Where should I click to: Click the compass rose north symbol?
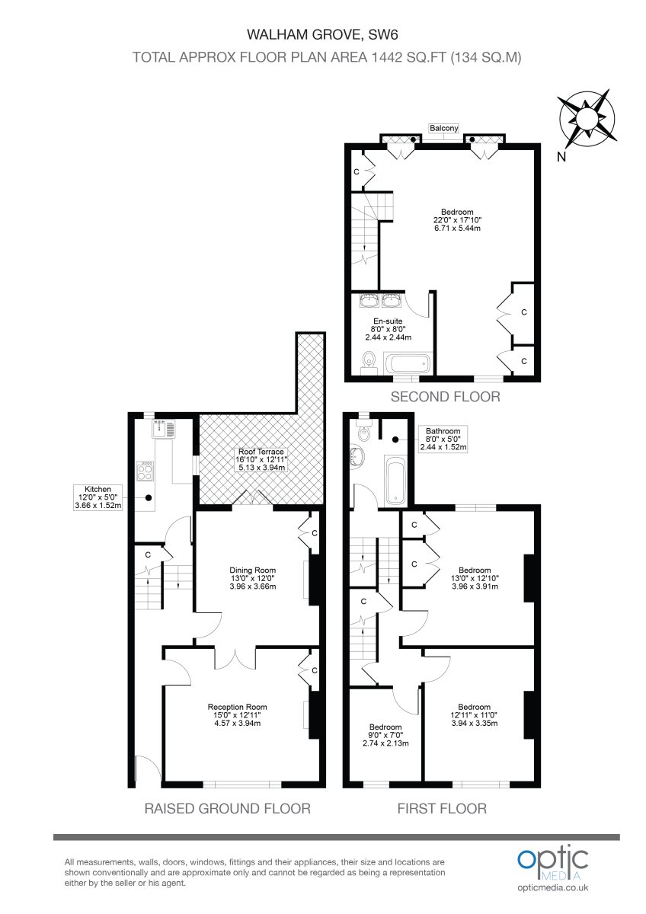[x=588, y=119]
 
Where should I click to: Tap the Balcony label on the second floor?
[x=443, y=129]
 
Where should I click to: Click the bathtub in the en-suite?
[x=407, y=363]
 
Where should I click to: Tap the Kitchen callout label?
[x=98, y=497]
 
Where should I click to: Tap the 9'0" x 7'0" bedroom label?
[x=385, y=735]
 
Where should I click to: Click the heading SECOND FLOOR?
[x=445, y=397]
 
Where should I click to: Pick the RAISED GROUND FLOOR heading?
[x=227, y=809]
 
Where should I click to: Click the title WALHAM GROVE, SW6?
[x=324, y=34]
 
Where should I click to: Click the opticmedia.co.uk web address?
[x=552, y=888]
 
